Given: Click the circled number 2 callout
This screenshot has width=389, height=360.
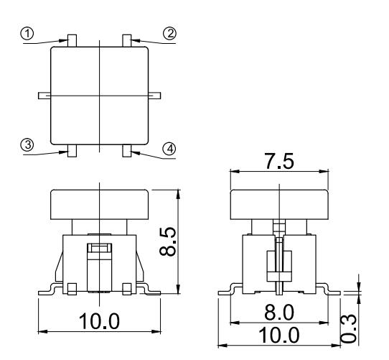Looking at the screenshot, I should click(171, 33).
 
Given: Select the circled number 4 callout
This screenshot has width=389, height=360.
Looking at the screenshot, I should click(169, 149).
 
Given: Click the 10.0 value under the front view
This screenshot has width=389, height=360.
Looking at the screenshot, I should click(98, 321).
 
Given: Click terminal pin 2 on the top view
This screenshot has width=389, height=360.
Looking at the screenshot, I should click(127, 40).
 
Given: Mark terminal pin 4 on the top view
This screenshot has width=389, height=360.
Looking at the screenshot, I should click(127, 151).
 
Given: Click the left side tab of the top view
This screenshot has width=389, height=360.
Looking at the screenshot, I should click(43, 95).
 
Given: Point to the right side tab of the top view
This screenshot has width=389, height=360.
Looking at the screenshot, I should click(154, 95).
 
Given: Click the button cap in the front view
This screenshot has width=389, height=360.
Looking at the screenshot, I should click(99, 204).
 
